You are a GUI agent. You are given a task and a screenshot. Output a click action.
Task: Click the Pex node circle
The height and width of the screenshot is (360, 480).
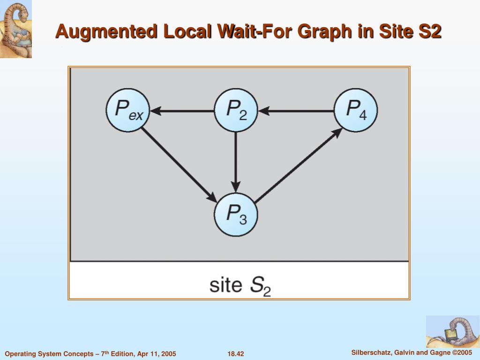[x=127, y=111]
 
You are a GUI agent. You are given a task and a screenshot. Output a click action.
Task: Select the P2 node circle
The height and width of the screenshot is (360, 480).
[x=236, y=111]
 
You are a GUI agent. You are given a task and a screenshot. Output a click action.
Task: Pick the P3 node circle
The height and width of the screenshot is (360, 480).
[x=236, y=215]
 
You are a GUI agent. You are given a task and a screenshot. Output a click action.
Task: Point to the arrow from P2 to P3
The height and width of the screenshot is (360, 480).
[x=236, y=162]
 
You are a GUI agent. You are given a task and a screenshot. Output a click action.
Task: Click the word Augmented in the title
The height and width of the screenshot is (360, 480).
[x=106, y=32]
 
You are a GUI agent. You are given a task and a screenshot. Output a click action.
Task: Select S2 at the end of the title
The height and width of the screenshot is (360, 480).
[x=427, y=32]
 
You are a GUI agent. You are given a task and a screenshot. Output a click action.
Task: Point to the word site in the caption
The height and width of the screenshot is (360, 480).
[x=225, y=285]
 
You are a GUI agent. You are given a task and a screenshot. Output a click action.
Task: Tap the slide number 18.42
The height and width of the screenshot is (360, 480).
[x=235, y=354]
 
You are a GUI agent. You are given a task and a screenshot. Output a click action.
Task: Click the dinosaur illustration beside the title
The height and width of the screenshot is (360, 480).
[x=15, y=29]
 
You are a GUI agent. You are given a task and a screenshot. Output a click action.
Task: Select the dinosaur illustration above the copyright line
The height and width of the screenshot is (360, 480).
[x=453, y=331]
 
